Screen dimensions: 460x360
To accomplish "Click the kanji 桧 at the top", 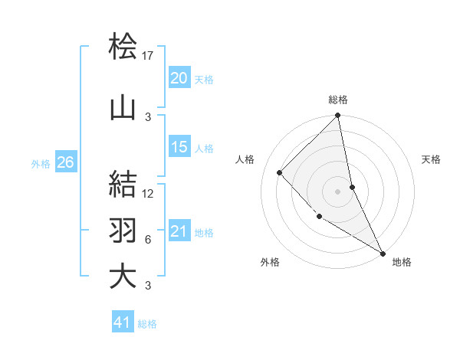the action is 123,47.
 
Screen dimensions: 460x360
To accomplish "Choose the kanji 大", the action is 123,277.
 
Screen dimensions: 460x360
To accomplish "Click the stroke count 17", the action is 148,56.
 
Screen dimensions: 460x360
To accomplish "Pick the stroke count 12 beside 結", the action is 148,194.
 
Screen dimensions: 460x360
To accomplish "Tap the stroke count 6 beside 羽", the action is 148,240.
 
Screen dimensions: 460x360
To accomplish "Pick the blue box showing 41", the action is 123,323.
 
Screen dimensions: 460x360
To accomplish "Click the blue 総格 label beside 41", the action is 147,324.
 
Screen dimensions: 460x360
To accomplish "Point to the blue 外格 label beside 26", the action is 41,163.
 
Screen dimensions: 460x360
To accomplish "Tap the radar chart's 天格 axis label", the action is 431,159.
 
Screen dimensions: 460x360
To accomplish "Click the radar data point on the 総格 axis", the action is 337,116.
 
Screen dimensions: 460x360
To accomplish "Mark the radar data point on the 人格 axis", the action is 280,172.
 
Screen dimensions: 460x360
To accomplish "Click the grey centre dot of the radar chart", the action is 337,191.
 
